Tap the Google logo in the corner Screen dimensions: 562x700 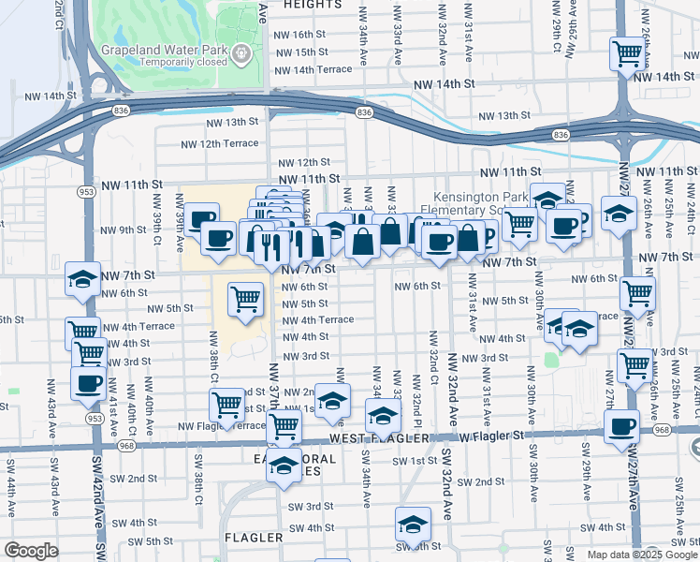(31, 551)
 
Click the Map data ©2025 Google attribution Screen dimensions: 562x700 (642, 555)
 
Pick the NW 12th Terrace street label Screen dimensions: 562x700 (219, 143)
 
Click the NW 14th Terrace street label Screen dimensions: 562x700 (313, 69)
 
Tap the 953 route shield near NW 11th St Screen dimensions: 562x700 (87, 192)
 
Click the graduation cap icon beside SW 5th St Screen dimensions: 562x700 (412, 525)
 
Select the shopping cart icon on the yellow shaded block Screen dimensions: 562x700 (245, 300)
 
